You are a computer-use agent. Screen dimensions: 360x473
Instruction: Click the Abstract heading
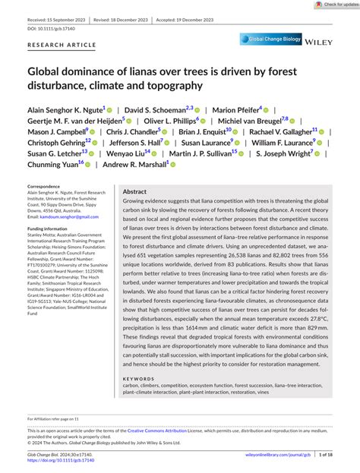[134, 192]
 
